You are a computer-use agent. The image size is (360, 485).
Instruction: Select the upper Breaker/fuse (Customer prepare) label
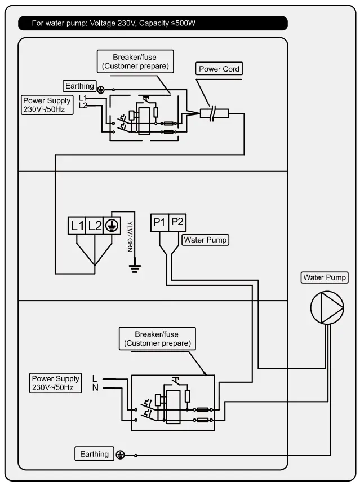(135, 61)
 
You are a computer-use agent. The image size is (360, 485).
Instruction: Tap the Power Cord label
(219, 69)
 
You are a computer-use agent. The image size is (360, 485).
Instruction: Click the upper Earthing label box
(79, 86)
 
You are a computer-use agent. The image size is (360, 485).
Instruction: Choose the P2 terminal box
(177, 222)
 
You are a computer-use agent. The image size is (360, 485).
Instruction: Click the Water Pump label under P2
(205, 240)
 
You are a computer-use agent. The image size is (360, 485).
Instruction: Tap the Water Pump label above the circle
(325, 277)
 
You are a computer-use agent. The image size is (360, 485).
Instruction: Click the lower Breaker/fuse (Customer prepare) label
(157, 338)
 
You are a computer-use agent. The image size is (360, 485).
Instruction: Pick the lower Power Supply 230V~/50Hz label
(55, 383)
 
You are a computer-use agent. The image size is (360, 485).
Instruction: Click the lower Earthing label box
(94, 454)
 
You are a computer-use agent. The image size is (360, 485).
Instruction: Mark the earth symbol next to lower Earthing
(119, 455)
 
